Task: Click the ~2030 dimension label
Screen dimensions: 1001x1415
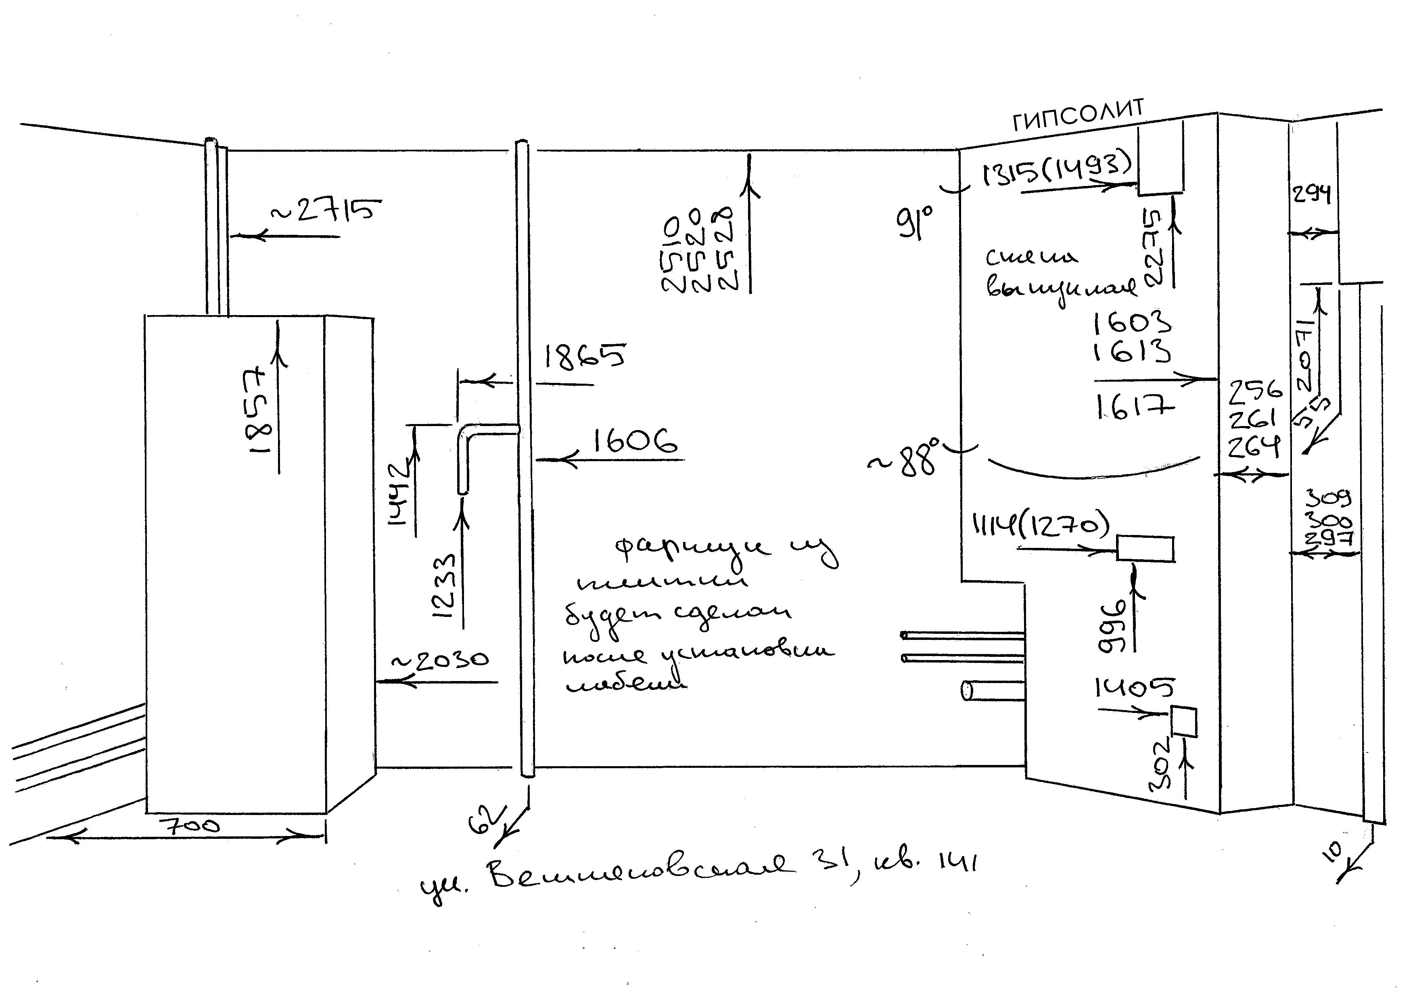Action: coord(441,661)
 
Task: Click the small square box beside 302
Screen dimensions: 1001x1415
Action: coord(1183,722)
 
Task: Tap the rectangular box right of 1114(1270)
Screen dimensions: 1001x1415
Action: coord(1145,549)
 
